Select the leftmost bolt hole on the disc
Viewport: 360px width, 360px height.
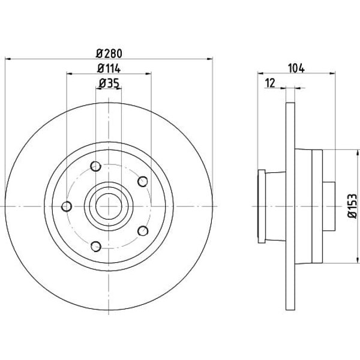pos(67,207)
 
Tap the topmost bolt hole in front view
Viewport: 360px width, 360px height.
pos(95,167)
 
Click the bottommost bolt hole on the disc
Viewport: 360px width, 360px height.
pos(95,245)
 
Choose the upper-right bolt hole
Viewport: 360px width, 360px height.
pos(142,181)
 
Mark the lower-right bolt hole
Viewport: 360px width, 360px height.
pos(142,231)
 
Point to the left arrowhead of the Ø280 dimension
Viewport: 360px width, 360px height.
pos(7,58)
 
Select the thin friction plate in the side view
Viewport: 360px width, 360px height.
pos(290,206)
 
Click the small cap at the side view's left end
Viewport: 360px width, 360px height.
pos(261,206)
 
